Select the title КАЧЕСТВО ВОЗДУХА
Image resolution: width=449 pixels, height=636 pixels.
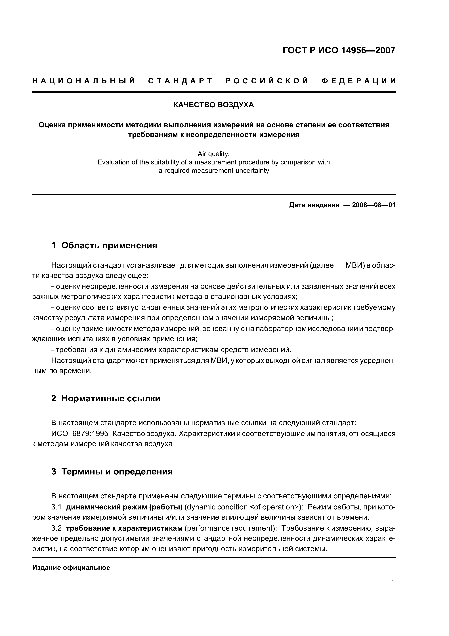coord(214,105)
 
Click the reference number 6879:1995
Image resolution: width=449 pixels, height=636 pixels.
coord(90,433)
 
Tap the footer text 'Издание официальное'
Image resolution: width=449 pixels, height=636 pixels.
coord(71,568)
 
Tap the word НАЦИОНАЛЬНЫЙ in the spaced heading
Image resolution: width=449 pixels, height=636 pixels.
coord(84,81)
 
